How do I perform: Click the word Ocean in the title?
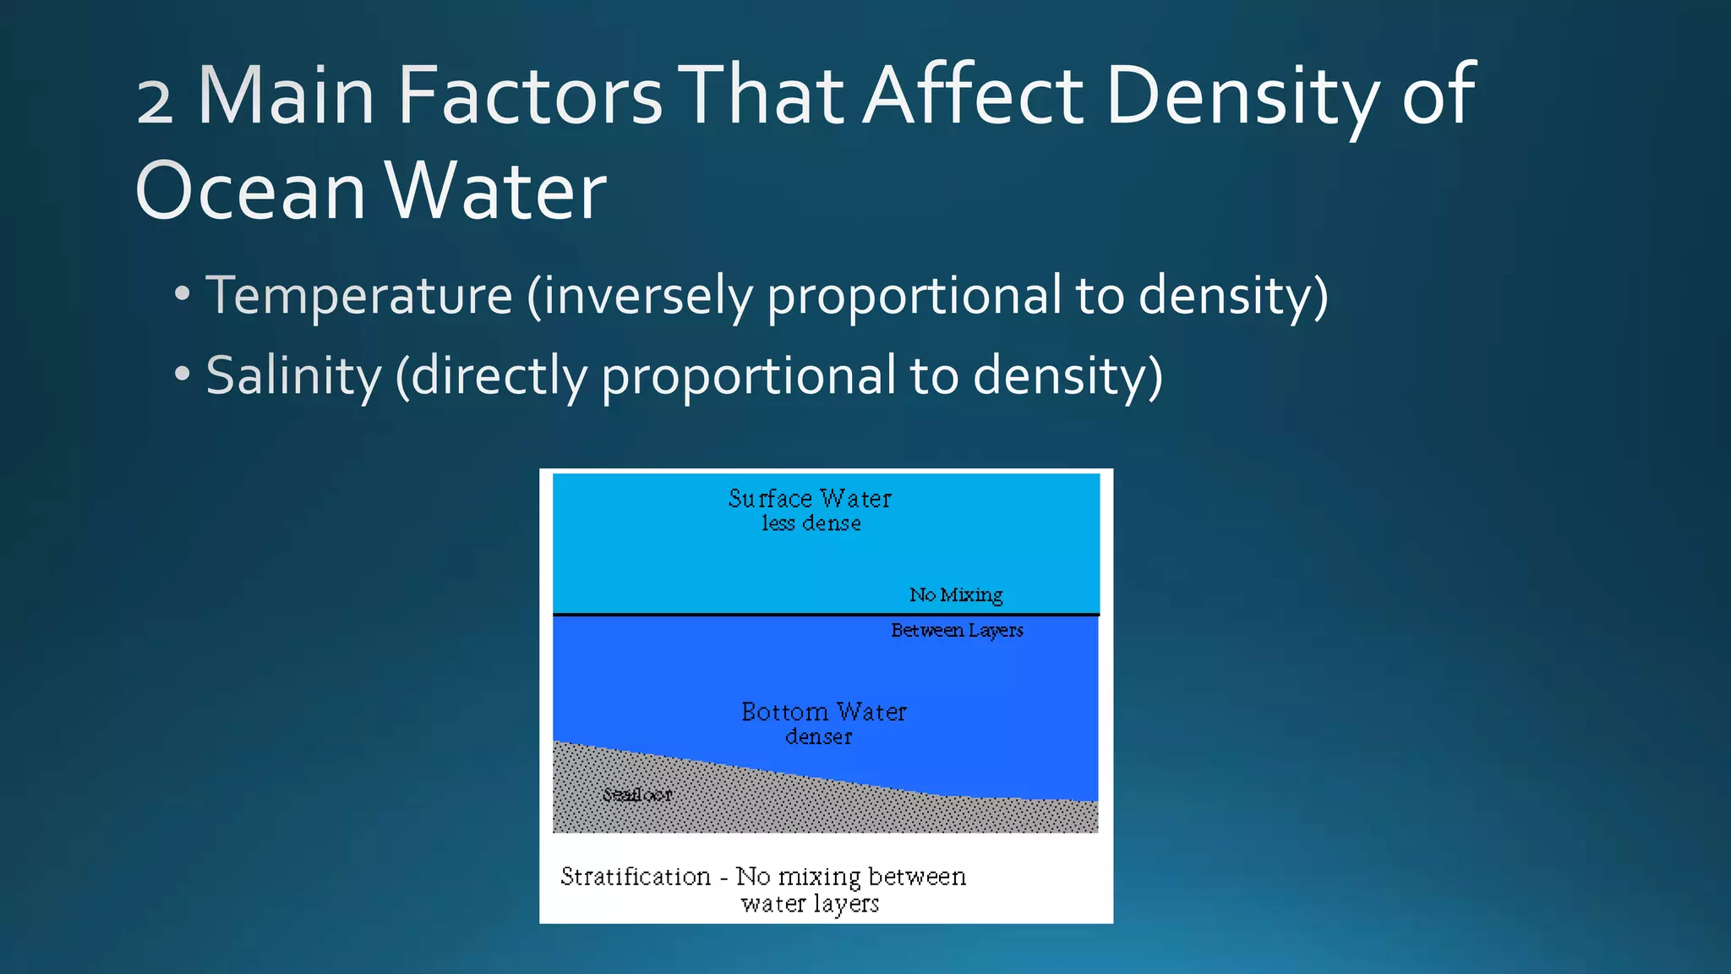pyautogui.click(x=250, y=191)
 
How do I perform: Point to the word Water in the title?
pyautogui.click(x=496, y=191)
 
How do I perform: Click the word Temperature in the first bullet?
pyautogui.click(x=359, y=295)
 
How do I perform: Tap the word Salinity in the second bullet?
pyautogui.click(x=293, y=375)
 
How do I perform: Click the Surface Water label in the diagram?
pyautogui.click(x=810, y=499)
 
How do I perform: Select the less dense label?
pyautogui.click(x=811, y=523)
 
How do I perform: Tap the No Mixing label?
pyautogui.click(x=956, y=595)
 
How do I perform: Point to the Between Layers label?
pyautogui.click(x=957, y=631)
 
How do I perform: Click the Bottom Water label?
pyautogui.click(x=823, y=712)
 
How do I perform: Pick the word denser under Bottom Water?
pyautogui.click(x=818, y=737)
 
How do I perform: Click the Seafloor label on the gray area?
pyautogui.click(x=637, y=795)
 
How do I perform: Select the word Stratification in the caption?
pyautogui.click(x=636, y=877)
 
